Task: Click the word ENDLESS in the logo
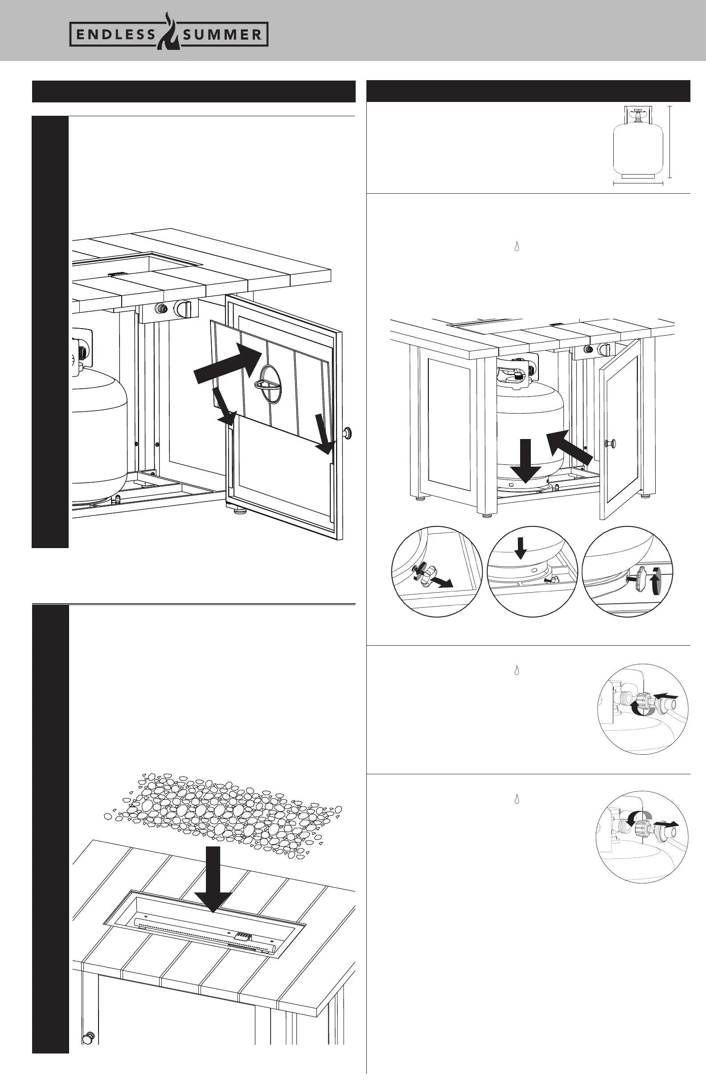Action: click(115, 35)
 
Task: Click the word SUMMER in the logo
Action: click(222, 35)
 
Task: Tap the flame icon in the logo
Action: click(169, 31)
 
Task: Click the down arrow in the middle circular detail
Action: click(520, 548)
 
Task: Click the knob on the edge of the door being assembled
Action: click(349, 432)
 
